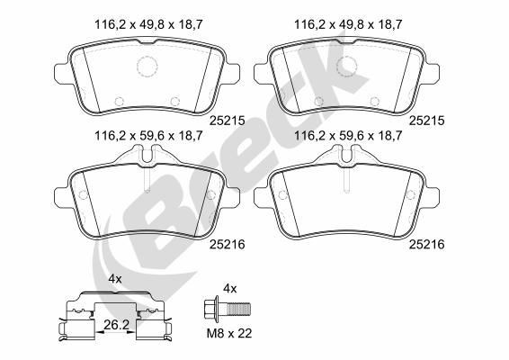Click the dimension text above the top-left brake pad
148,24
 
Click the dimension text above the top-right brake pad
348,24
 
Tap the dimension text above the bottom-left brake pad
148,136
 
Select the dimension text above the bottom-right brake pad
348,136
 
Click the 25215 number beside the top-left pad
227,121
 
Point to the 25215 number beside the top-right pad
426,121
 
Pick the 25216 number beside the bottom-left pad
227,245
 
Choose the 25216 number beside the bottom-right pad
426,245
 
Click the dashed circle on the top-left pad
147,58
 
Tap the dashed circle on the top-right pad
347,58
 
